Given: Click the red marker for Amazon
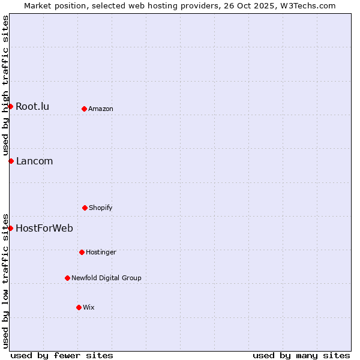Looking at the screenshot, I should tap(84, 109).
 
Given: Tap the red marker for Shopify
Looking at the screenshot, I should tap(85, 208).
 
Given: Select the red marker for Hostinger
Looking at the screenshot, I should tap(82, 252).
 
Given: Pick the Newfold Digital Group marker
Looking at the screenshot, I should tap(67, 278).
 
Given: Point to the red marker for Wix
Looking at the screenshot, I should tap(79, 307).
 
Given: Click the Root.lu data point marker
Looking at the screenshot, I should tap(10, 106).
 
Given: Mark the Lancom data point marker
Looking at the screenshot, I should tap(11, 161).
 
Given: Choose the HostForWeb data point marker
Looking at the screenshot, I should tap(10, 228).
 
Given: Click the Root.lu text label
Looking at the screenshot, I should tap(32, 107).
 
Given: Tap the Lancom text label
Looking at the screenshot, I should tap(34, 161).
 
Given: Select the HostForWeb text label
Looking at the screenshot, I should tap(44, 228).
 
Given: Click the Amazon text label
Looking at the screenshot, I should tap(101, 109).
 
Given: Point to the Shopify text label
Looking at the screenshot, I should tap(101, 208).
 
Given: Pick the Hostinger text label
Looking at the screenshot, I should tap(101, 252).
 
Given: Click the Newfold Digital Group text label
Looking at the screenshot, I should tap(106, 278).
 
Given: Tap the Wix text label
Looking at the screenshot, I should tap(89, 307).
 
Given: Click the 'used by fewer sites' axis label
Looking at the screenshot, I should tap(62, 355).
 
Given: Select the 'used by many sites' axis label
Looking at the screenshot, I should tap(301, 355).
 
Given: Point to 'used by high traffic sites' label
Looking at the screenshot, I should tap(5, 85).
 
